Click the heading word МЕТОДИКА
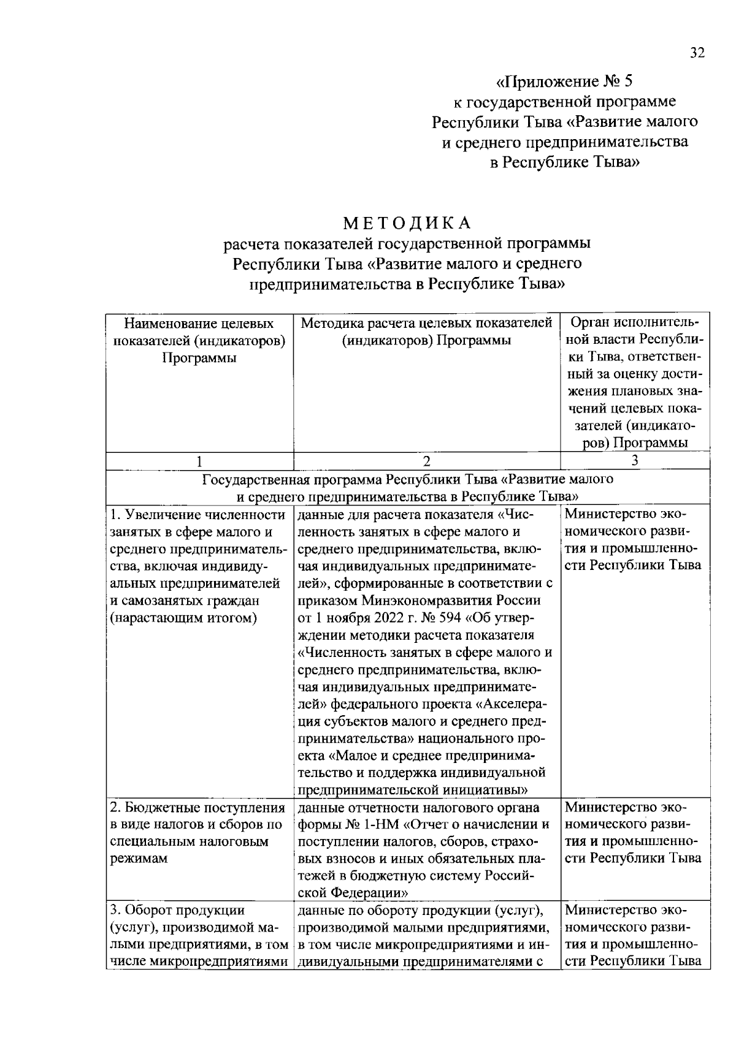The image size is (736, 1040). [x=407, y=222]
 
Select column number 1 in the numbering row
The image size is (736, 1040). [x=199, y=461]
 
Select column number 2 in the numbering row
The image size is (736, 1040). [x=426, y=461]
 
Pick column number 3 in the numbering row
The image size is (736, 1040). [x=635, y=461]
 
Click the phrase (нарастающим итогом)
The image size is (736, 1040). [x=183, y=617]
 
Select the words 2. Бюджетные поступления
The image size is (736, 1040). [x=197, y=807]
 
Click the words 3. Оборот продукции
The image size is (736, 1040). [x=177, y=910]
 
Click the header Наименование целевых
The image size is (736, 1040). [x=199, y=323]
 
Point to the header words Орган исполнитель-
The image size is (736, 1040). [x=635, y=322]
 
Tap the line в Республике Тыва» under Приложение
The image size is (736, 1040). [x=565, y=162]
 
